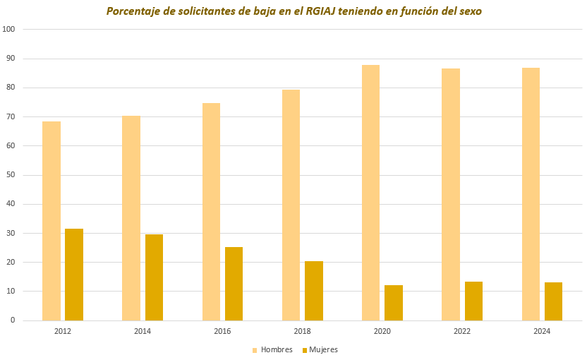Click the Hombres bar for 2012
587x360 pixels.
point(52,221)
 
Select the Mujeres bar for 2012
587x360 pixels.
point(74,275)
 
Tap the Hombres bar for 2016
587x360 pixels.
point(211,212)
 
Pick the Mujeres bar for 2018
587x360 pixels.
point(314,291)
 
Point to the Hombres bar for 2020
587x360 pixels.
point(370,193)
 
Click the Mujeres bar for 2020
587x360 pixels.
point(394,303)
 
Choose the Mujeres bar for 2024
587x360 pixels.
point(553,301)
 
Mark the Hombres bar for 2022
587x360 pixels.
point(451,194)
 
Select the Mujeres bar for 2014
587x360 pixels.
point(154,277)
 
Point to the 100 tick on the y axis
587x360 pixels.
point(9,30)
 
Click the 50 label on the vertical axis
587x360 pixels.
point(11,175)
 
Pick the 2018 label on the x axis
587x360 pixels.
point(302,331)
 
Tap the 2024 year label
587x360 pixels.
point(542,331)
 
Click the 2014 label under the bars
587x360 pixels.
point(143,331)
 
